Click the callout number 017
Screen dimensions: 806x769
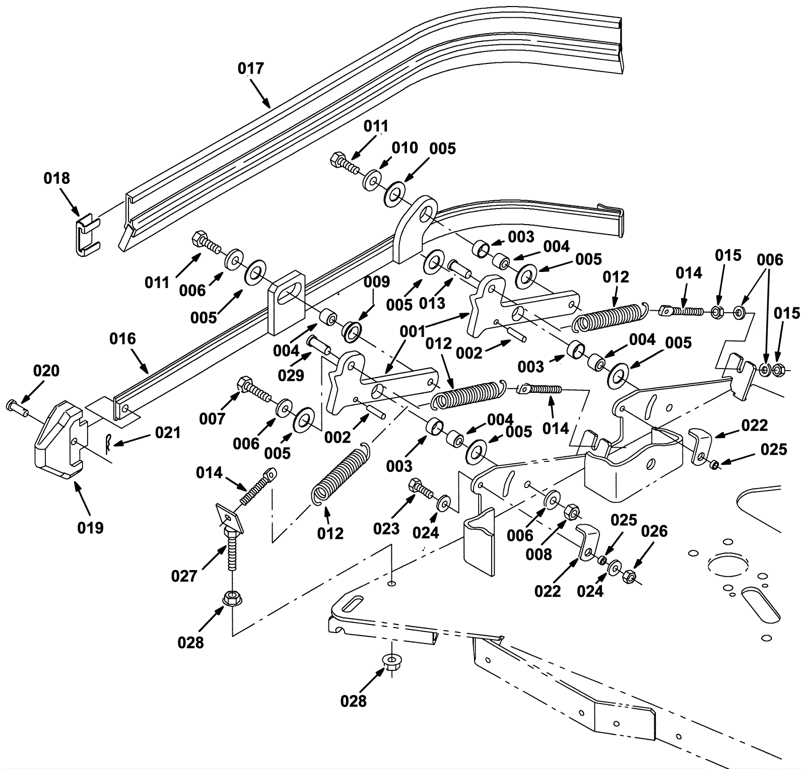click(251, 68)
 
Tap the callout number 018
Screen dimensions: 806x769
click(57, 178)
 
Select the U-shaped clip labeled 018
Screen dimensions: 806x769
click(87, 235)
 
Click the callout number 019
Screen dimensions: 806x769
click(91, 528)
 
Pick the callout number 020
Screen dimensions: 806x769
click(46, 371)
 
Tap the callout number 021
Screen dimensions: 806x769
click(168, 433)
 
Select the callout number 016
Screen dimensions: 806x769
click(123, 339)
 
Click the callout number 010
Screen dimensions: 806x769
click(405, 148)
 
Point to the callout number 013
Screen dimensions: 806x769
click(432, 303)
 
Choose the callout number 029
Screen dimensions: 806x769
click(291, 375)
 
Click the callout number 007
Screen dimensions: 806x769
click(212, 418)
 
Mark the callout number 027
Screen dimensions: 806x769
click(184, 576)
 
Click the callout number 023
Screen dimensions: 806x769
click(386, 529)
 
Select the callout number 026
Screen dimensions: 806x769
click(654, 531)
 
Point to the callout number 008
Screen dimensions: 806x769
click(539, 554)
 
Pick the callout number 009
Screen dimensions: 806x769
click(377, 282)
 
